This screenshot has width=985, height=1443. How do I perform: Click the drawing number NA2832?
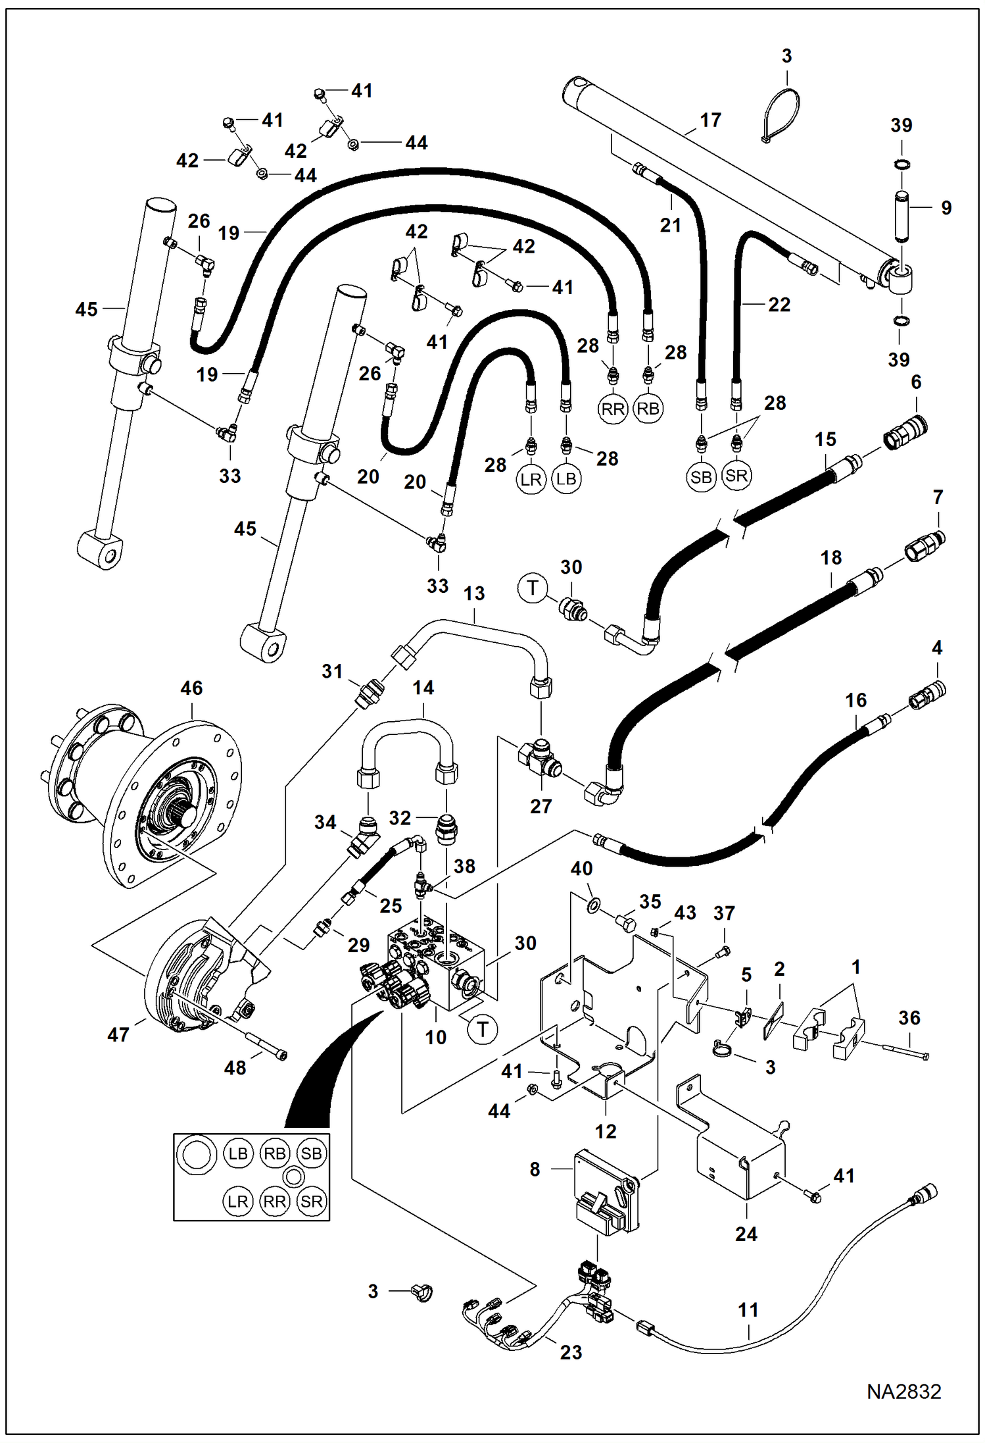903,1392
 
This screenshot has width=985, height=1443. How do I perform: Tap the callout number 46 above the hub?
191,688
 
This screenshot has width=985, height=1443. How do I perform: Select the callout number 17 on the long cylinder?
710,120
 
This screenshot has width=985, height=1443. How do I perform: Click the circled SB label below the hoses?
701,477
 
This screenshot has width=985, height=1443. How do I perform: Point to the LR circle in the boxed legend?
237,1202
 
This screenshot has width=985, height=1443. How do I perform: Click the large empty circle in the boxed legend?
198,1156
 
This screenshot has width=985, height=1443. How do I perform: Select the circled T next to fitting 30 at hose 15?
533,588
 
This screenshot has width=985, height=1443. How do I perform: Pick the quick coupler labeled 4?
927,696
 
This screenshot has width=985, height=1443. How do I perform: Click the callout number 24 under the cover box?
746,1234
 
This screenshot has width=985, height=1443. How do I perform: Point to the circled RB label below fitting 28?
648,409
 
